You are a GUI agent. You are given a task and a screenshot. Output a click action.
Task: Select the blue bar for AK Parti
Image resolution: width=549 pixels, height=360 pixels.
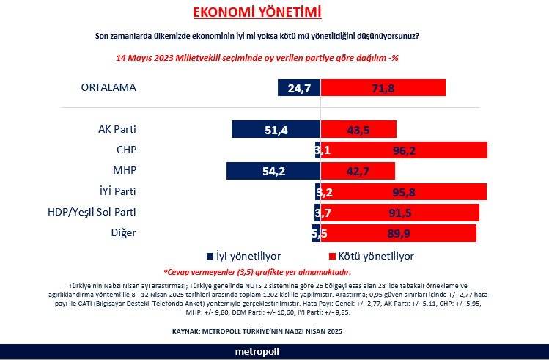click(276, 129)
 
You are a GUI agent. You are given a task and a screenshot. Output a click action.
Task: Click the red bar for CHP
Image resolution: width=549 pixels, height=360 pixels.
click(404, 150)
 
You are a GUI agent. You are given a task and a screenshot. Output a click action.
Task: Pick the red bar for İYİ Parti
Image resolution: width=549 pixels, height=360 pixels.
click(404, 192)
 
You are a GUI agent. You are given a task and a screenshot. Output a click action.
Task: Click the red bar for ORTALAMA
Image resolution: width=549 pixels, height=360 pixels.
click(383, 87)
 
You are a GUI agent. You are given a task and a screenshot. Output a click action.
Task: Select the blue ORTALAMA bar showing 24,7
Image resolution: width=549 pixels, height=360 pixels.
click(299, 87)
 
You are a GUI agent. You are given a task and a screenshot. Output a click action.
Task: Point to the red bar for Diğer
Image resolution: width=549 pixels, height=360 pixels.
click(399, 233)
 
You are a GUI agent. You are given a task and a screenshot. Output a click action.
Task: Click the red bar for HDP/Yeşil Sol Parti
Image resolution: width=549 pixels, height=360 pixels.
click(400, 213)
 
